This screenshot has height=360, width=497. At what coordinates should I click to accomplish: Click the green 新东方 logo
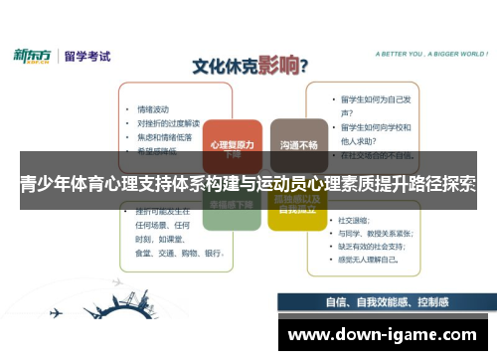36,56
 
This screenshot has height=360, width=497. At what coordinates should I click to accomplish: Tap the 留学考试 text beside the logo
89,56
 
